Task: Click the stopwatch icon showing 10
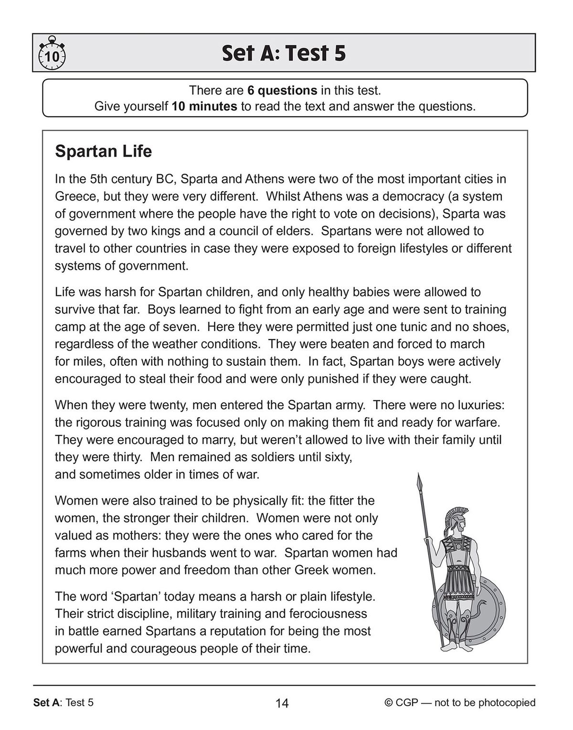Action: coord(51,54)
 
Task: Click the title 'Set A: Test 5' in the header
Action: coord(284,53)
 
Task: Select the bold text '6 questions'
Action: coord(282,90)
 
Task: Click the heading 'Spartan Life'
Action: coord(103,151)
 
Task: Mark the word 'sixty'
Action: coord(337,457)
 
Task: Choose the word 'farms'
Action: coord(70,553)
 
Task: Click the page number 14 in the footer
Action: coord(282,703)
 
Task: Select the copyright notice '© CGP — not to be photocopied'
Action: coord(459,702)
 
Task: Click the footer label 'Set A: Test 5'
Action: coord(64,702)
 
